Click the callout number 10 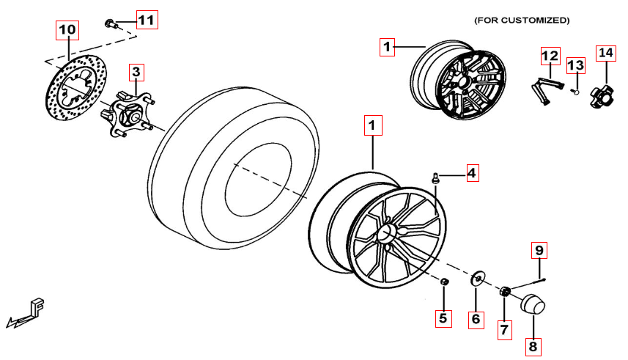(67, 30)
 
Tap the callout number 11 (147, 20)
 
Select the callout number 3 (136, 72)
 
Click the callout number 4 (471, 173)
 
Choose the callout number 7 (503, 330)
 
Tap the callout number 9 (539, 251)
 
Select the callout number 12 (550, 56)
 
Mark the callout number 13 (577, 65)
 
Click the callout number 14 (605, 54)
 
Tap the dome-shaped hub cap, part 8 (533, 304)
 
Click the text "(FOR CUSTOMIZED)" (521, 20)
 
